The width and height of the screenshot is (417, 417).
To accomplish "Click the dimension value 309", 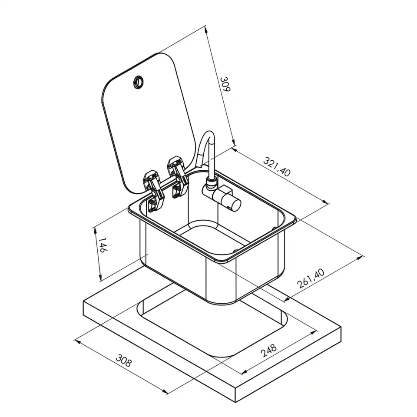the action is click(x=225, y=84).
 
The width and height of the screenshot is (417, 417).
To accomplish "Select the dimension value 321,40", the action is click(x=277, y=167).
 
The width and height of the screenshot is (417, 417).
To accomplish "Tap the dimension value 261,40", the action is click(x=311, y=278).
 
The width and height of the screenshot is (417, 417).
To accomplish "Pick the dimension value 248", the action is click(x=268, y=351).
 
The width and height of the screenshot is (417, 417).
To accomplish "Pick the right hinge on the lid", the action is click(x=177, y=177).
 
